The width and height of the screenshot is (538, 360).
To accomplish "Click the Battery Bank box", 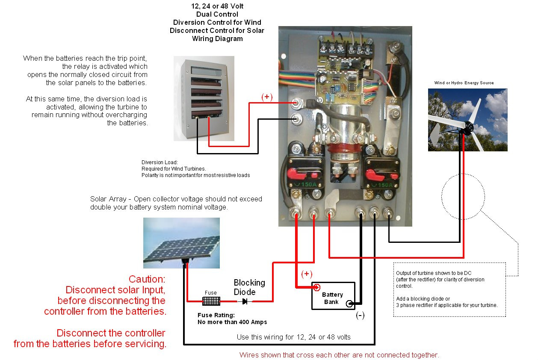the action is tap(333, 296).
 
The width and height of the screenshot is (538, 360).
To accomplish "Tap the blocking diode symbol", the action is tap(245, 301).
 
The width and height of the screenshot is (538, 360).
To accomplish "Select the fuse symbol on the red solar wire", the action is tap(211, 301).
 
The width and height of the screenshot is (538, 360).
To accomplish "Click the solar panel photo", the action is tap(181, 243).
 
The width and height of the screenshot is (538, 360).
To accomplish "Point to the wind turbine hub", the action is tap(468, 127).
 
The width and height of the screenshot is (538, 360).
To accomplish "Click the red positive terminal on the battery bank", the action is tap(317, 287).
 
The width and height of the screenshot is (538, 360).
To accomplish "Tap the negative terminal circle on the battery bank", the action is tap(349, 304).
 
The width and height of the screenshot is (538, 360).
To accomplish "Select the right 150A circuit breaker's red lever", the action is tap(375, 175).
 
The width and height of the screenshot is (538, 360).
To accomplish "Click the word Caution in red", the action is tap(147, 279).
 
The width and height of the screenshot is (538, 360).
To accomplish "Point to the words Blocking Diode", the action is tap(249, 287).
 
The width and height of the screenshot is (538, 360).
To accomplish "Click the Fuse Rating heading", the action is tap(216, 315).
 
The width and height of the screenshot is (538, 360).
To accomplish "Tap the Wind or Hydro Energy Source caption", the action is tap(464, 83).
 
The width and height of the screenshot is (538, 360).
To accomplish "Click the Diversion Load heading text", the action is tap(160, 162).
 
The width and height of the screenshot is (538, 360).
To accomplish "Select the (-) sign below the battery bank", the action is tap(360, 316).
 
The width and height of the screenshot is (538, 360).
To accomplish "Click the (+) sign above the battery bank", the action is tap(307, 274).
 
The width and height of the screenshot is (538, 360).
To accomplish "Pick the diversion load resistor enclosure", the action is tap(204, 98).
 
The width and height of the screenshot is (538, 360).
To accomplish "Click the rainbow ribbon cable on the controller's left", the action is tap(297, 77).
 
